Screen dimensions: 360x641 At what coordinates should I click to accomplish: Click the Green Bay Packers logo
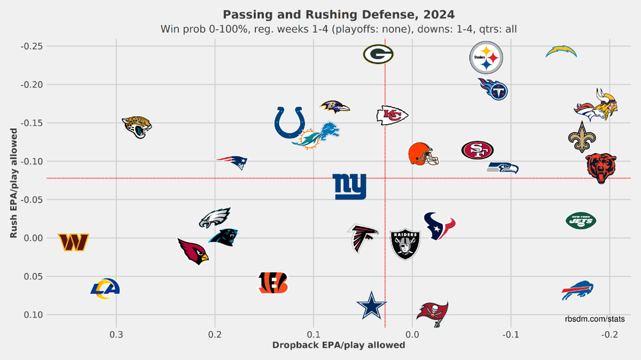tap(378, 54)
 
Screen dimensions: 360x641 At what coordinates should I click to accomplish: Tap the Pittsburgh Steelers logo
tap(487, 58)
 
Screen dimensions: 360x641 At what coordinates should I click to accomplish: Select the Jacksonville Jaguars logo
tap(137, 126)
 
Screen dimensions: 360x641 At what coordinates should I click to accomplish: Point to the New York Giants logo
tap(349, 186)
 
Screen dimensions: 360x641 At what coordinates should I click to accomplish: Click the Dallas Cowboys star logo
tap(372, 306)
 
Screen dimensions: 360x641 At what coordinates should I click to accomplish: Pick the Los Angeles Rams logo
tap(105, 289)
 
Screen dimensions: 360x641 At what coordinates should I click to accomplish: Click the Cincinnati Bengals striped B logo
tap(273, 282)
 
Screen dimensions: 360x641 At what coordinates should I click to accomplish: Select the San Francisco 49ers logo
tap(478, 150)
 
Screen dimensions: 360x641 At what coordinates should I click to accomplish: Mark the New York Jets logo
tap(581, 221)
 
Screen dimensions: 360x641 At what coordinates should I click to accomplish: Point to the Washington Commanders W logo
tap(73, 242)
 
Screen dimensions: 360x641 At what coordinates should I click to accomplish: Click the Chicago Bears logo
tap(601, 168)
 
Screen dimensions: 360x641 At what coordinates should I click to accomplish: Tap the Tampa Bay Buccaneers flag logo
tap(432, 314)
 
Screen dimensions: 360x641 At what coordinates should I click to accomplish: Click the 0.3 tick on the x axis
tap(116, 334)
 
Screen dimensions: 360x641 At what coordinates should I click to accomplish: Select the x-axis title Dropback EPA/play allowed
tap(338, 345)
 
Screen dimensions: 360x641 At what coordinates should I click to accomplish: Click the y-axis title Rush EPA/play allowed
tap(13, 183)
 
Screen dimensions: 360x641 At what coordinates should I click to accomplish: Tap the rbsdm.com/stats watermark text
tap(594, 319)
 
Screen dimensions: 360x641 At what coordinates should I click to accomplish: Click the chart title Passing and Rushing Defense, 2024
tap(338, 14)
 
